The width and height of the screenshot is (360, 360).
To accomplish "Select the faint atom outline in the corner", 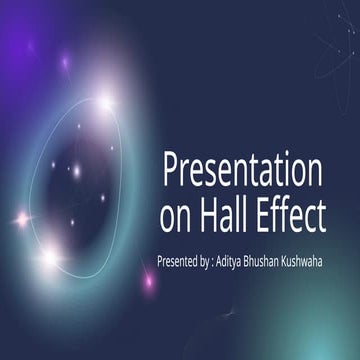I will [335, 45].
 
